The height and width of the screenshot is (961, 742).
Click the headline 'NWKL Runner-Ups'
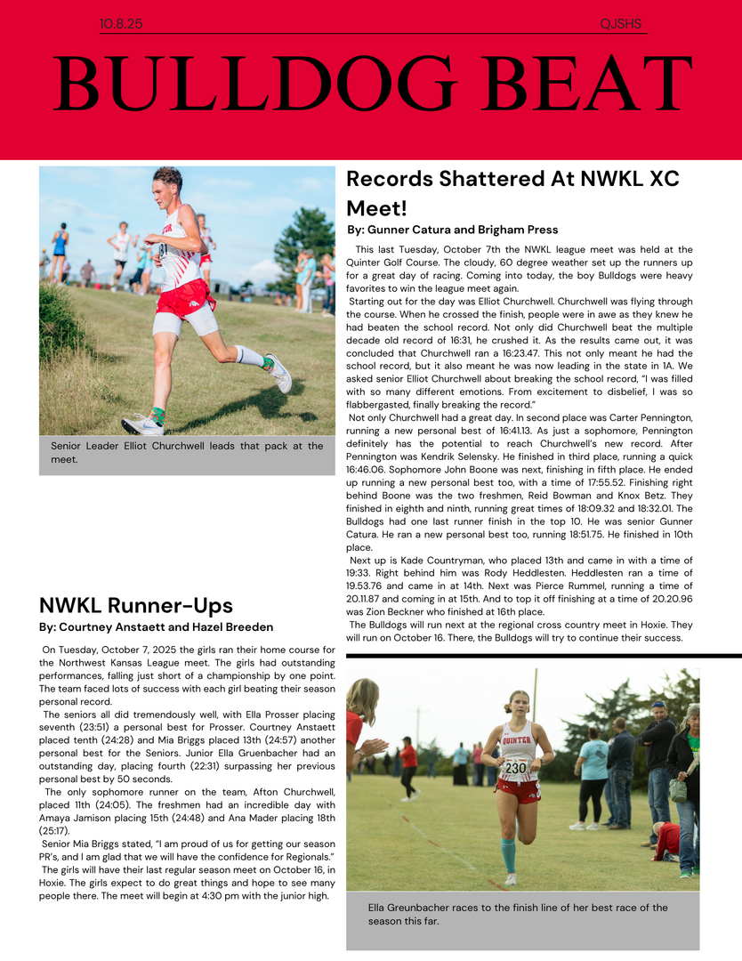[x=136, y=606]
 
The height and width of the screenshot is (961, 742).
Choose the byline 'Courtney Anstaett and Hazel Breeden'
[x=157, y=627]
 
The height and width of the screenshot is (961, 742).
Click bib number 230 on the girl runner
[x=515, y=768]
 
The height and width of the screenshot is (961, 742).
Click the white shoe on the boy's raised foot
[x=279, y=372]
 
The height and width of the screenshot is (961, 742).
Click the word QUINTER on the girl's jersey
[x=516, y=739]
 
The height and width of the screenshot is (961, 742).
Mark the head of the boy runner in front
[x=167, y=181]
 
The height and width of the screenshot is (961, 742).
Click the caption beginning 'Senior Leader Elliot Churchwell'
[x=187, y=452]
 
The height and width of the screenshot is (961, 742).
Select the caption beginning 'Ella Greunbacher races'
[x=518, y=914]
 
